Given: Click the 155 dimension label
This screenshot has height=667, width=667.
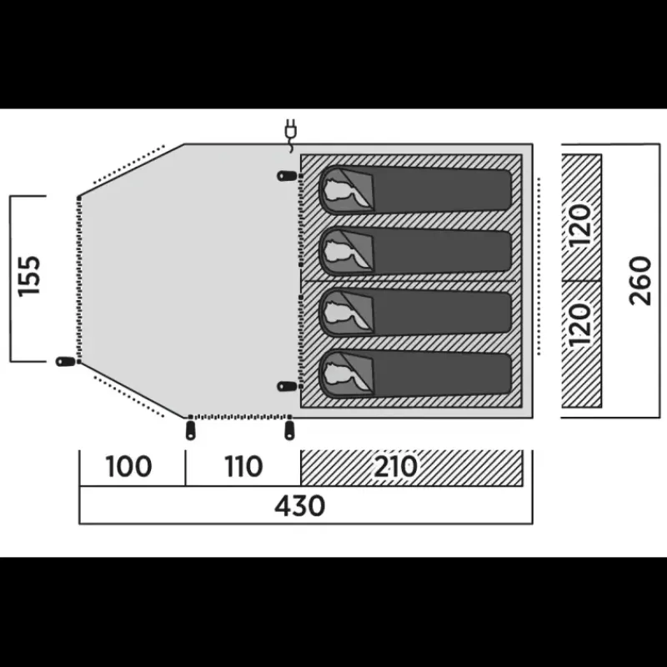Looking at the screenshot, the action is click(29, 276).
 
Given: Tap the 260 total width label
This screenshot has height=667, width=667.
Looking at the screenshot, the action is click(640, 281).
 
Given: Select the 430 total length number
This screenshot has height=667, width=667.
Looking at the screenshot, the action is click(300, 506).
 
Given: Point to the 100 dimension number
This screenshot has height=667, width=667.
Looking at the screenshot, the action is click(128, 466).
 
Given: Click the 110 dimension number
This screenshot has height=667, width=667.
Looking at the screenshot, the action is click(243, 466).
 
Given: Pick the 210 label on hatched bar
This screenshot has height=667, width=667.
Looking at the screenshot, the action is click(395, 466).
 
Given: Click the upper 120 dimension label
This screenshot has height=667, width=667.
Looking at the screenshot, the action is click(580, 225).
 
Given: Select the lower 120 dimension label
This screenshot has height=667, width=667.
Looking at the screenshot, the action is click(580, 324).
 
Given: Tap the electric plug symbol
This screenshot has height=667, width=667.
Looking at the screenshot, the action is click(290, 134).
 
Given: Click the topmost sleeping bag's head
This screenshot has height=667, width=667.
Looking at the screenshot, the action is click(345, 189).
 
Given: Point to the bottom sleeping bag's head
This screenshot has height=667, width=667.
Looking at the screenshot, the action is click(345, 374).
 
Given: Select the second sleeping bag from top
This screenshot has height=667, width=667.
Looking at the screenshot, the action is click(415, 251).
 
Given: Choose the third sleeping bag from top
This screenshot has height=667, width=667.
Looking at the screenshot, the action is click(415, 313).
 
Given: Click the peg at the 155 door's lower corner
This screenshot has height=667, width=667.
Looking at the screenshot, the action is click(66, 362).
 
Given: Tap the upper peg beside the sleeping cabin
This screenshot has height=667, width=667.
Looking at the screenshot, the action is click(287, 175).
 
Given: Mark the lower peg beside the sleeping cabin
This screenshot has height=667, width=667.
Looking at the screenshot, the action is click(287, 386).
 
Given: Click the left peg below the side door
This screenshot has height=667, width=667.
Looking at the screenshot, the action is click(190, 430).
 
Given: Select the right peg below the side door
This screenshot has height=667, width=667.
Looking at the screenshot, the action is click(289, 430).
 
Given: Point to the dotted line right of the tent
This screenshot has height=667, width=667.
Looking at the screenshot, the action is click(539, 266).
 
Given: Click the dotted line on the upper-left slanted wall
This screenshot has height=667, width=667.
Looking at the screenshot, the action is click(128, 164).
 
